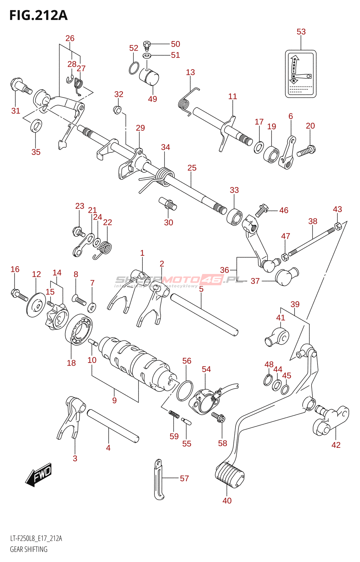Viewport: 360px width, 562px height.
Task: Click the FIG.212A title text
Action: click(38, 15)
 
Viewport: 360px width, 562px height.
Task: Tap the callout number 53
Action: click(301, 32)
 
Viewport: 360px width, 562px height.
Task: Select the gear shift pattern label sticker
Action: click(301, 74)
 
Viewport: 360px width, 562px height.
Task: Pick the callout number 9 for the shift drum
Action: click(114, 400)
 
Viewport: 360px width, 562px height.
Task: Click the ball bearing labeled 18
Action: click(79, 329)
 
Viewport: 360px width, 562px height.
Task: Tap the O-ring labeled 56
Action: click(185, 390)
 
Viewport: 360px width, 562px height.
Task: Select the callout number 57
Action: click(184, 478)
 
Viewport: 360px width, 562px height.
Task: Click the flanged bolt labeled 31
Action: click(21, 85)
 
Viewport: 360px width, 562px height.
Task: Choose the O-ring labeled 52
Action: click(134, 68)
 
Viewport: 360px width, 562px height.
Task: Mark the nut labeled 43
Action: click(337, 226)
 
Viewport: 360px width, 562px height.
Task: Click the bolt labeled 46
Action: click(261, 210)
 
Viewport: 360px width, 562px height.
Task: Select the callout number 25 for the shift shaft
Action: click(192, 168)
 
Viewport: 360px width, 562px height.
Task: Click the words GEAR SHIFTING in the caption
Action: click(28, 549)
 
